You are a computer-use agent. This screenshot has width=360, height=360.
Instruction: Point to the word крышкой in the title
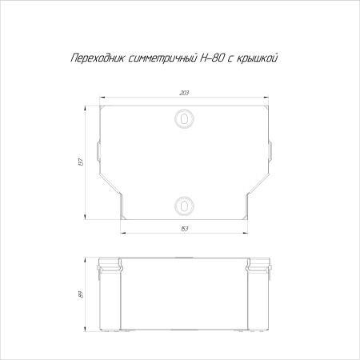click(x=258, y=59)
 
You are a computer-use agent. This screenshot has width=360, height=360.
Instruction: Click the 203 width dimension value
click(x=185, y=94)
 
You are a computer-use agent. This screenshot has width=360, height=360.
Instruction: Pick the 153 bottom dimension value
click(x=185, y=230)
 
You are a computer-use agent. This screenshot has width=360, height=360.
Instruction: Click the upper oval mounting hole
click(x=185, y=118)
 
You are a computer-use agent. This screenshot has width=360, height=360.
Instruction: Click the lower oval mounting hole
click(x=185, y=206)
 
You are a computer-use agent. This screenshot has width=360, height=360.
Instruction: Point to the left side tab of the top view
click(x=98, y=150)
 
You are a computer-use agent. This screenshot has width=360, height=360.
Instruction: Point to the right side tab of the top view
click(x=271, y=150)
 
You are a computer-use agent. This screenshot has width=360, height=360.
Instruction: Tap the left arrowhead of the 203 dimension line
click(x=101, y=99)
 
